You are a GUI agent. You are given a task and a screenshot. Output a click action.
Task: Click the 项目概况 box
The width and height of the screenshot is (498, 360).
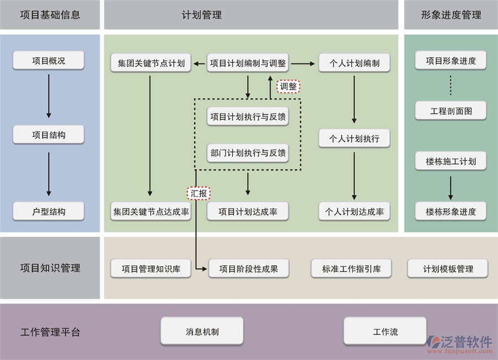49,61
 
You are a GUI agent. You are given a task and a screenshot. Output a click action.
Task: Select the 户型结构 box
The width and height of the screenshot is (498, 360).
49,212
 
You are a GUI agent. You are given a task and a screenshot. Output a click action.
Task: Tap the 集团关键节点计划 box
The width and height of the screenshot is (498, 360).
151,63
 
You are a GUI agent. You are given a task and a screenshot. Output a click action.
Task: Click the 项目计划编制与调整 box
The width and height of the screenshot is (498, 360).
248,63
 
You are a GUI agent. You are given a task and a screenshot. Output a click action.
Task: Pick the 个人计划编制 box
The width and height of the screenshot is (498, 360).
354,63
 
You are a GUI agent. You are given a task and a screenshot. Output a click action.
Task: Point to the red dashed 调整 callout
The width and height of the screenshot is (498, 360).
288,86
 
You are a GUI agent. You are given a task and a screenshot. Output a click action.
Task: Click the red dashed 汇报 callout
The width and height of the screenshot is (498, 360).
199,193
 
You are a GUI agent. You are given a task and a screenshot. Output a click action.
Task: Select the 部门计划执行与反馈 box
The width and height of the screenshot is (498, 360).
248,153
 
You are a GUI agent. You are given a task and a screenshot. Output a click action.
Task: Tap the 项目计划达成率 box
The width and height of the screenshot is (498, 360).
248,212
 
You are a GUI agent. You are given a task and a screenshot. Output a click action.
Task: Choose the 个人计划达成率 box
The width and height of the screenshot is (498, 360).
354,212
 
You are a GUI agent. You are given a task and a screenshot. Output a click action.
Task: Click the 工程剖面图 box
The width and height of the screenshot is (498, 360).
451,111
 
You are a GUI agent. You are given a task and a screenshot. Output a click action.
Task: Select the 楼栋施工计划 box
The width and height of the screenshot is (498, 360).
451,162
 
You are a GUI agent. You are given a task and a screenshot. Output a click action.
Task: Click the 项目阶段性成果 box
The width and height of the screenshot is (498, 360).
248,269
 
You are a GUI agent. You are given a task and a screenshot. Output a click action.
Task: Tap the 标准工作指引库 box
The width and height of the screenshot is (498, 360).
351,269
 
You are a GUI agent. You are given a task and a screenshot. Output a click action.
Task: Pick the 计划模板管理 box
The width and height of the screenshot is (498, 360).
448,269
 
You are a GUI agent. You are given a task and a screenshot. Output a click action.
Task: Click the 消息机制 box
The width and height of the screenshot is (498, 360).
202,332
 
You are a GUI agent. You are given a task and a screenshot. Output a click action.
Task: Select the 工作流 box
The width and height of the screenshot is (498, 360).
385,332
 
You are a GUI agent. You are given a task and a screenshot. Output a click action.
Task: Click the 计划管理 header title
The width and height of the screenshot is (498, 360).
201,15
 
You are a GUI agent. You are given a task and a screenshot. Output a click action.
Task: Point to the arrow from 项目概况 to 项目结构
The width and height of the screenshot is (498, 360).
49,95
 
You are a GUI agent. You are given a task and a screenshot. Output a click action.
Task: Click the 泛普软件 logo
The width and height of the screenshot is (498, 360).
461,343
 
